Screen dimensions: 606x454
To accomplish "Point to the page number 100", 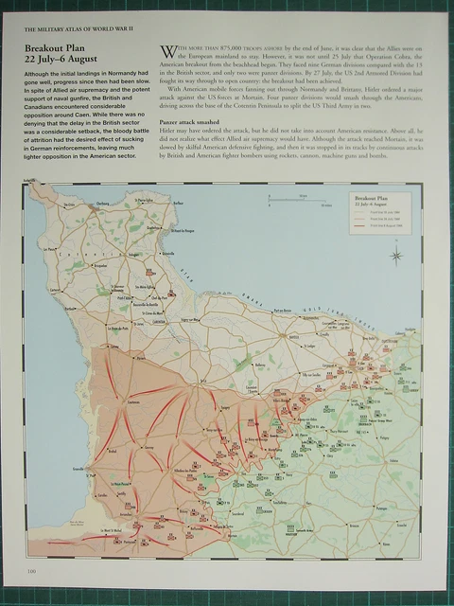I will (31, 570).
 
